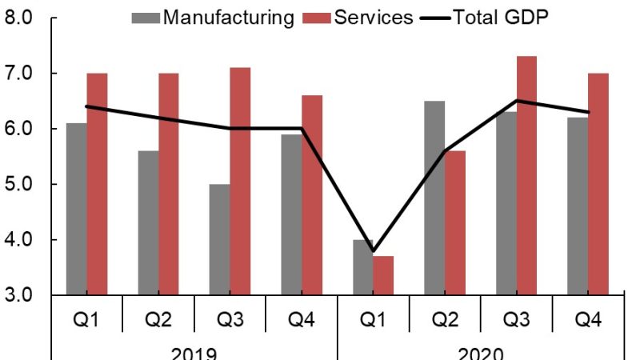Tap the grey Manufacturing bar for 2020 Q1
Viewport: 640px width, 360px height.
tap(363, 267)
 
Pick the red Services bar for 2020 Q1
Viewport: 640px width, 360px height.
tap(384, 275)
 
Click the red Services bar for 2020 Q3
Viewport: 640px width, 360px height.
tap(526, 175)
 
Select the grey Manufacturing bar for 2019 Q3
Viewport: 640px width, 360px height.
tap(219, 239)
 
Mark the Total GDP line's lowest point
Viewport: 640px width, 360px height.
tap(374, 251)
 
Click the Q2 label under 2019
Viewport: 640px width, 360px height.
tap(158, 321)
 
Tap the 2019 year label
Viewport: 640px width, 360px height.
tap(194, 353)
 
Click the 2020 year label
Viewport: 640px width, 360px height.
tap(481, 353)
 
